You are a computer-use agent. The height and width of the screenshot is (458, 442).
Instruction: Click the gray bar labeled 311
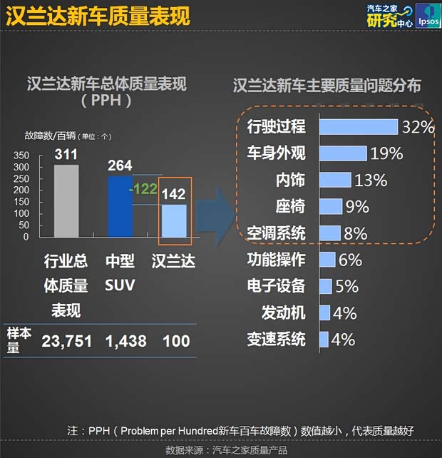[66, 200]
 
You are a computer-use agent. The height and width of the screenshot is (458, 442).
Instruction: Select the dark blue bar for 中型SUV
[120, 206]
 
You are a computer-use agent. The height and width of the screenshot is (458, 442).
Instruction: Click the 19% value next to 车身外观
[386, 153]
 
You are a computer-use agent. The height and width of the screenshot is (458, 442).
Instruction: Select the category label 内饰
[290, 180]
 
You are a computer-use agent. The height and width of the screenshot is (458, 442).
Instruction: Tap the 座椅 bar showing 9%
[331, 207]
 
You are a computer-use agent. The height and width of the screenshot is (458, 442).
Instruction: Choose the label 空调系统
[276, 233]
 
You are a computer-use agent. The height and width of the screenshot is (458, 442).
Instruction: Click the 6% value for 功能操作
[350, 260]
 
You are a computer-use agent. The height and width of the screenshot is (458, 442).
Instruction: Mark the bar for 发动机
[324, 312]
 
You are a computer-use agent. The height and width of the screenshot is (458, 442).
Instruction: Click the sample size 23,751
[66, 341]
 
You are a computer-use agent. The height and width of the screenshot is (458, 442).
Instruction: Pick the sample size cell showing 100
[176, 341]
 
